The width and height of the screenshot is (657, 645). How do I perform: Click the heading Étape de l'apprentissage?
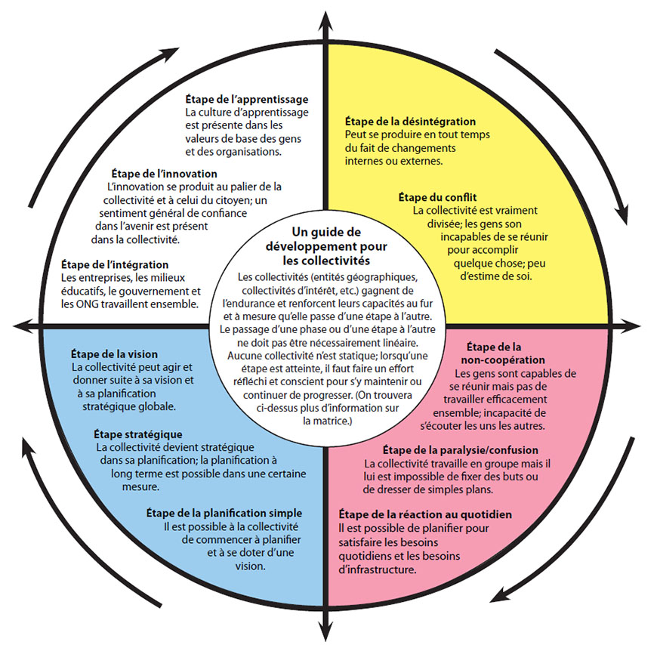(247, 99)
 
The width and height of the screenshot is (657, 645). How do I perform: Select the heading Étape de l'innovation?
(164, 174)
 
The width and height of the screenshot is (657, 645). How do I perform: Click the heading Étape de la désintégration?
(410, 121)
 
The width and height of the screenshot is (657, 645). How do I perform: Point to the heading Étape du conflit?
(437, 197)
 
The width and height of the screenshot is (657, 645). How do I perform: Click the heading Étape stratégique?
(137, 434)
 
